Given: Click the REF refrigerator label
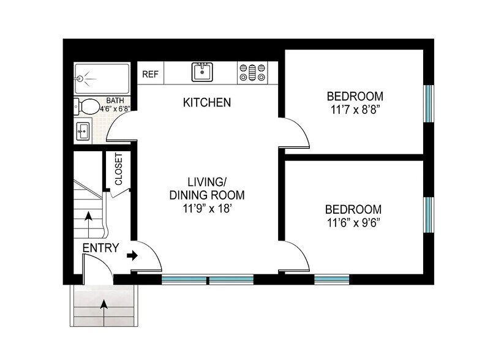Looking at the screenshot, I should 150,74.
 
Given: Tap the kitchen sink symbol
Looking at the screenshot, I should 201,72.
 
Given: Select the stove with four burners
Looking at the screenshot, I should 252,73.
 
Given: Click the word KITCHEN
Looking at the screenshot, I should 207,102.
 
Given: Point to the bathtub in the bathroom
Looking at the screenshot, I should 102,78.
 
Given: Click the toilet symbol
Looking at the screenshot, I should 87,107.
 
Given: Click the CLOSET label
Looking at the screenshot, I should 118,168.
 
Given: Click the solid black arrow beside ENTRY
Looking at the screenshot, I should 131,255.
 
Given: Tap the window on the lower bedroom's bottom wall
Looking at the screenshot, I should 331,279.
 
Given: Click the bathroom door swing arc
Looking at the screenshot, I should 121,130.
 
